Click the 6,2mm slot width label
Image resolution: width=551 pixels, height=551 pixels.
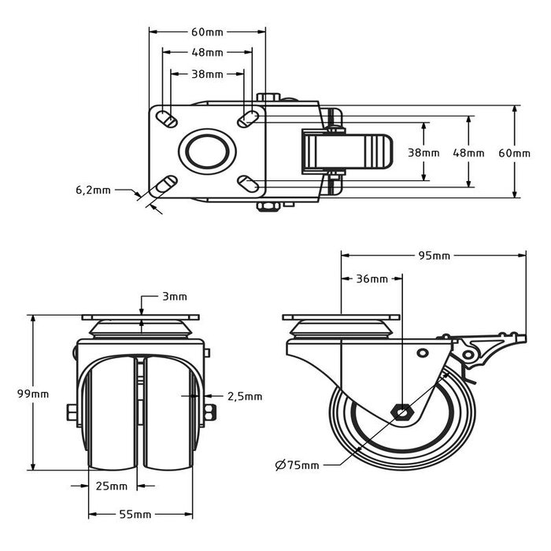[x=93, y=190]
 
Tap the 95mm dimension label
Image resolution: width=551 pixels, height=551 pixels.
[x=434, y=255]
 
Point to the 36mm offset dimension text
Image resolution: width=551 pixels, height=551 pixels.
[x=372, y=279]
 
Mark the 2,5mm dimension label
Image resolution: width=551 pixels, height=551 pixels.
[x=244, y=396]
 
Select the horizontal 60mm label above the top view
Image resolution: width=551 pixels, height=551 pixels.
[x=208, y=32]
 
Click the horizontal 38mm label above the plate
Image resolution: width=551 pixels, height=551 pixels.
[x=208, y=74]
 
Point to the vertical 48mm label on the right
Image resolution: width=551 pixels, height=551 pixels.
[x=470, y=152]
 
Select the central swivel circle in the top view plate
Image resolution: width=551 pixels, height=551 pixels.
[x=207, y=151]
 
